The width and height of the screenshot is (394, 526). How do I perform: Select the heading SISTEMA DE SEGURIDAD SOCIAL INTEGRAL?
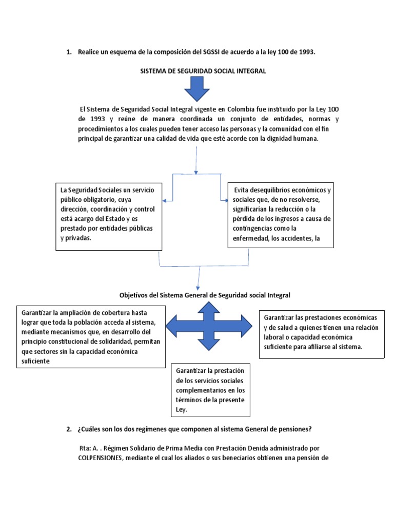(203, 71)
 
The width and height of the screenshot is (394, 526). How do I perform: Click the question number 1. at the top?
(69, 52)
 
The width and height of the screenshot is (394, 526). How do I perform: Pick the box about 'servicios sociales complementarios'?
(210, 390)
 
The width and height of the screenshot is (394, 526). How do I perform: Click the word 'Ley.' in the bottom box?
(182, 410)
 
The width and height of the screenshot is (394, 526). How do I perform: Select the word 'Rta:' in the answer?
(85, 448)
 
